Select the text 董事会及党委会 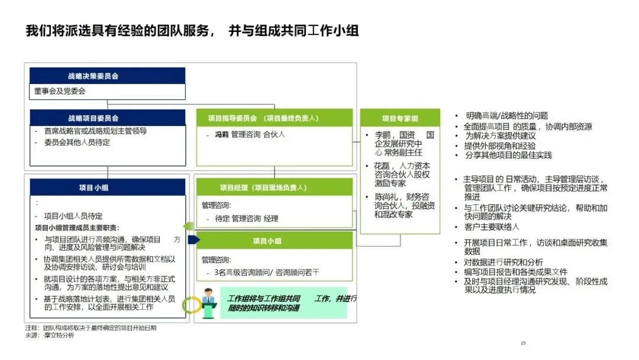point(60,91)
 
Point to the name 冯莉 point(221,134)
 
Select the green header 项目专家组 point(399,118)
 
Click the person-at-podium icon point(208,298)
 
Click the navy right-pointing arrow point(192,240)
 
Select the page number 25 point(522,343)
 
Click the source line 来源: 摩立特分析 point(50,335)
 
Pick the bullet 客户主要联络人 point(491,227)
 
